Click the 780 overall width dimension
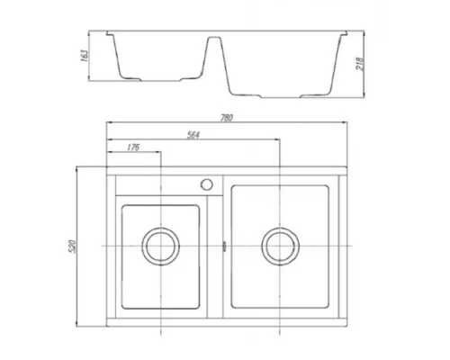(227, 115)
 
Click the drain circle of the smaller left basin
(160, 245)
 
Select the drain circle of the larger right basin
(280, 245)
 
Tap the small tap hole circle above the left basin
(206, 184)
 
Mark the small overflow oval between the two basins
(221, 245)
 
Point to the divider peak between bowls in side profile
(216, 39)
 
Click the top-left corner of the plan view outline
(107, 166)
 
